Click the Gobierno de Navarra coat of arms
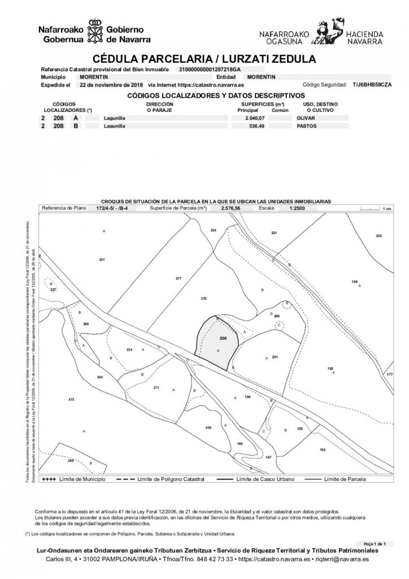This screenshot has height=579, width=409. click(95, 34)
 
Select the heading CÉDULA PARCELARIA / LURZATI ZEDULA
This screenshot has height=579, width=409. click(204, 59)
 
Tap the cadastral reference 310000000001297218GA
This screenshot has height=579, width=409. click(209, 69)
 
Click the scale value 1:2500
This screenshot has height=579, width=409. click(298, 208)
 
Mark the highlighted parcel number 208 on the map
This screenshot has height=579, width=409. click(223, 338)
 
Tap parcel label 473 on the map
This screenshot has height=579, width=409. click(71, 400)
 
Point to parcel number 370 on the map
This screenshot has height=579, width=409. click(204, 298)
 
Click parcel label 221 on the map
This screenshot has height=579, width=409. click(273, 233)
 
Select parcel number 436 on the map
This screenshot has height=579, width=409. click(208, 427)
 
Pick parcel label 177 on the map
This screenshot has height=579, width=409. click(389, 375)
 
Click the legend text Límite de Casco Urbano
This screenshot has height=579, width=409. click(260, 479)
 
